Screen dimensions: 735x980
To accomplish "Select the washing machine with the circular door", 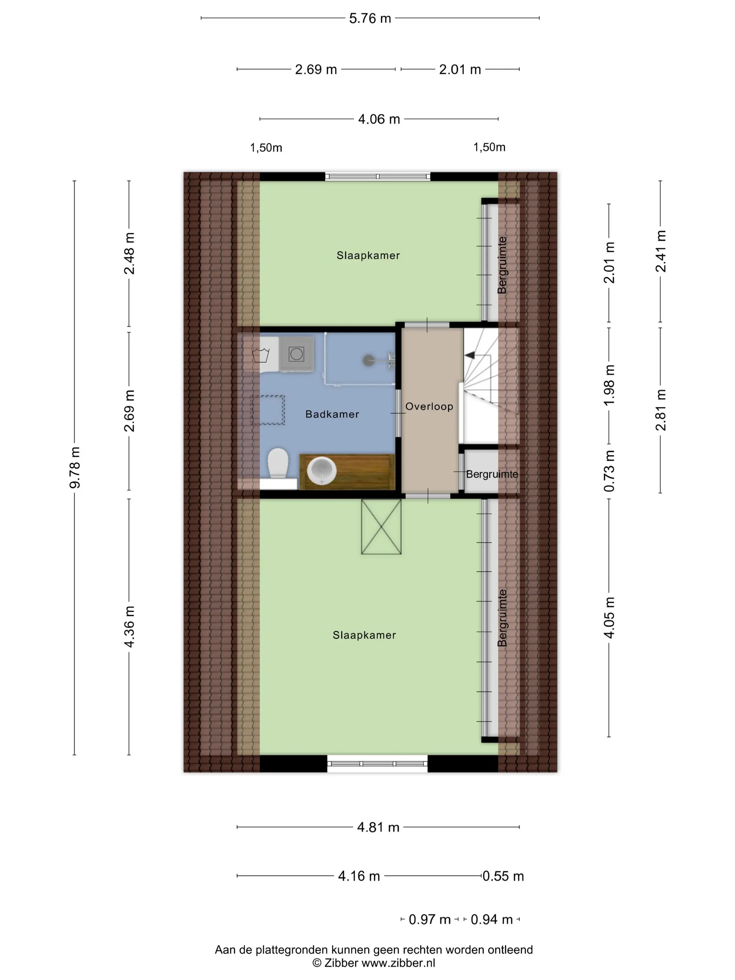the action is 296,354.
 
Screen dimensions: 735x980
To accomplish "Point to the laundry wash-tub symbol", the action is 260,355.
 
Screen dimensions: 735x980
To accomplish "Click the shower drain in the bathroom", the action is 368,360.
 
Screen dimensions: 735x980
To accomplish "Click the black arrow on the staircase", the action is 469,355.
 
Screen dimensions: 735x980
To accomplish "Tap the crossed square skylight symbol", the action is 381,526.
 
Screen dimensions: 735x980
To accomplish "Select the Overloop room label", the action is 429,406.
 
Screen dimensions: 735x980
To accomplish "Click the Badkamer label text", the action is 332,414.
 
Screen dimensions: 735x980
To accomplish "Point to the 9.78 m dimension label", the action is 75,467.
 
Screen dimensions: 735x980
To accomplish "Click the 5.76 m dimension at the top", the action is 370,18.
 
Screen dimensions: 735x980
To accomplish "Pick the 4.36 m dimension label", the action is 129,626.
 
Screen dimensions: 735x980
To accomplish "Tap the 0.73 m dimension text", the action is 609,470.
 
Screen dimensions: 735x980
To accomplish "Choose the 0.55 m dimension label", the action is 503,876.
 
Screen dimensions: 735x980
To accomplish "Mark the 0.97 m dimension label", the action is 429,919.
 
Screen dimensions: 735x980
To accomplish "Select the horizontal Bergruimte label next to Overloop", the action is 492,474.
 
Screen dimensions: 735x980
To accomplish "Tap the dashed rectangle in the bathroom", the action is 268,410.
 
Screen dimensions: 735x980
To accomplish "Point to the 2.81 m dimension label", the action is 660,410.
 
